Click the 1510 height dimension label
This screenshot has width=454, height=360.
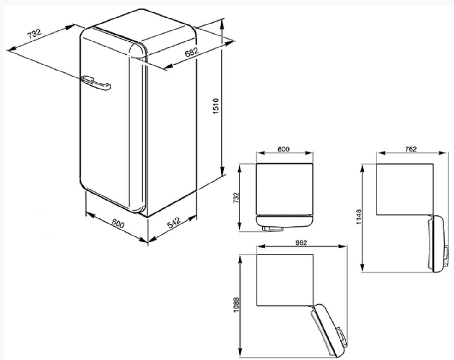[216, 106]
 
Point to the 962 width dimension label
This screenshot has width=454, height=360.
[301, 242]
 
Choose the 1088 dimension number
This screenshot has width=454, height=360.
[237, 305]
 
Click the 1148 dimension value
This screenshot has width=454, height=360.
[359, 217]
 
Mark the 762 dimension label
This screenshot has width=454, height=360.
[411, 149]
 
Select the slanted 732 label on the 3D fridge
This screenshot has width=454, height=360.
[34, 34]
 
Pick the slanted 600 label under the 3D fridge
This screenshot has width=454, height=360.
[118, 224]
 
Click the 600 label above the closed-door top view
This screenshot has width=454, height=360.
[283, 149]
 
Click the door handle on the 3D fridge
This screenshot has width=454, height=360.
[96, 83]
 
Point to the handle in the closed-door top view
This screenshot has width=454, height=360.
[272, 229]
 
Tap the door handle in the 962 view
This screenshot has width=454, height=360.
[342, 337]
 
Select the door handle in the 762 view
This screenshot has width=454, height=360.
[447, 255]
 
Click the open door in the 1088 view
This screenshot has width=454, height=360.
[329, 330]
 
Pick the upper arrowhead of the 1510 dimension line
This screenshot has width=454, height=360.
[222, 24]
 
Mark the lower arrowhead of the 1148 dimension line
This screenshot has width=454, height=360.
[362, 266]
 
